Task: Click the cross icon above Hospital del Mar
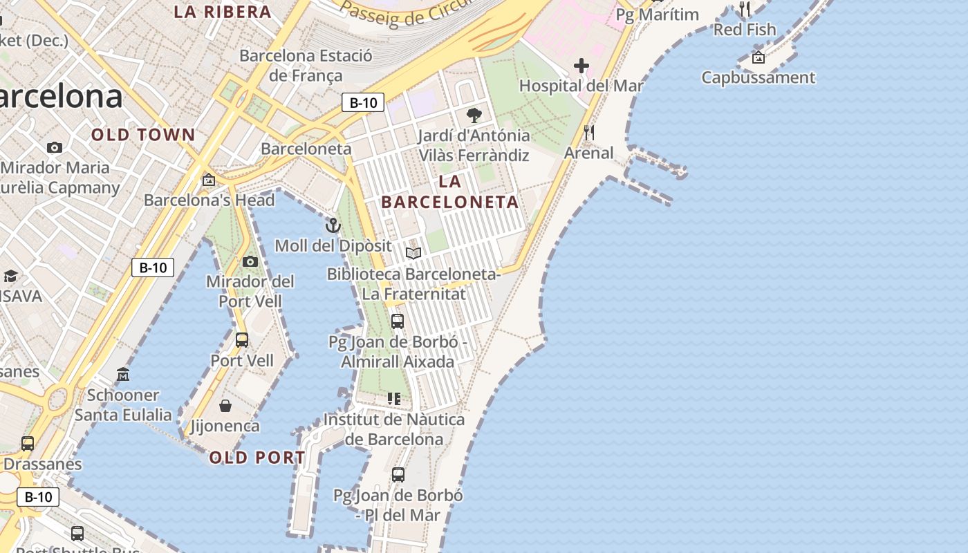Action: pyautogui.click(x=581, y=66)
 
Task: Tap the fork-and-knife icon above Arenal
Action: pyautogui.click(x=589, y=133)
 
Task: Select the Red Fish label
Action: pyautogui.click(x=745, y=30)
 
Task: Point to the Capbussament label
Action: pyautogui.click(x=758, y=77)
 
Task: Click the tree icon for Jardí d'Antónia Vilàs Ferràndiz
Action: pyautogui.click(x=474, y=115)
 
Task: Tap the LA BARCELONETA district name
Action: pyautogui.click(x=450, y=191)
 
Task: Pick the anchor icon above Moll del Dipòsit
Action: pyautogui.click(x=333, y=225)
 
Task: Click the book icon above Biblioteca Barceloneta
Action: pyautogui.click(x=413, y=254)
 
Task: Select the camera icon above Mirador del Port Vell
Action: pyautogui.click(x=250, y=261)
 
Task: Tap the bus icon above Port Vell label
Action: pyautogui.click(x=242, y=340)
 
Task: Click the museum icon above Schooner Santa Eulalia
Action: pyautogui.click(x=123, y=375)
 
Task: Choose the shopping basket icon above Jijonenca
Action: pyautogui.click(x=225, y=406)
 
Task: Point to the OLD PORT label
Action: pyautogui.click(x=257, y=458)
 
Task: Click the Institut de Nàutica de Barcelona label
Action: pyautogui.click(x=394, y=429)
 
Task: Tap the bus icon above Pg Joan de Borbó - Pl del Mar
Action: pyautogui.click(x=398, y=475)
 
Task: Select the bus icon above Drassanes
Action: pyautogui.click(x=28, y=444)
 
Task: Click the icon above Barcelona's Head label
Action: pyautogui.click(x=209, y=180)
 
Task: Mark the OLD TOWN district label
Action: pyautogui.click(x=144, y=135)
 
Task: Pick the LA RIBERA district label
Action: pyautogui.click(x=223, y=12)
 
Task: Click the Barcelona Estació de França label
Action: pyautogui.click(x=306, y=66)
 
